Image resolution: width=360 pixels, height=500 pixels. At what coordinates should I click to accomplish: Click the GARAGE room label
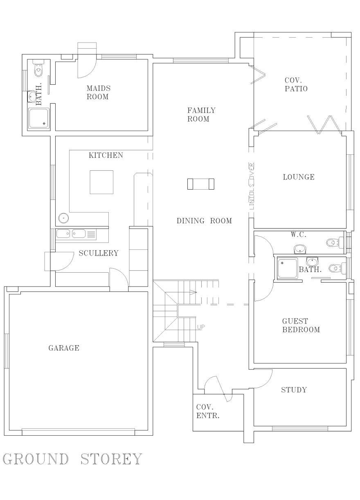64,348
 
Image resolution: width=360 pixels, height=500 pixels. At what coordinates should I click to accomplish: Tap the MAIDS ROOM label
98,93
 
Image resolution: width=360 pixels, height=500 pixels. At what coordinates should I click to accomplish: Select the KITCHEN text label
106,155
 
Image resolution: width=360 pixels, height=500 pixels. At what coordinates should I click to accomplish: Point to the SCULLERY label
98,253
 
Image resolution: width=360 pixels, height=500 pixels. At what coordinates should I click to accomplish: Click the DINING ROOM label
204,221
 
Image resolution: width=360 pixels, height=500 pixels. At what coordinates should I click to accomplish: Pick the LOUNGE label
299,177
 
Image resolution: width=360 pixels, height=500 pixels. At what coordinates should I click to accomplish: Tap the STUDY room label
294,390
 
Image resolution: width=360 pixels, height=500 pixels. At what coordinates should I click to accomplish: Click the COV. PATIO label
296,84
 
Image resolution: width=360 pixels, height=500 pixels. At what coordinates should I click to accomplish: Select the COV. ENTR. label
208,411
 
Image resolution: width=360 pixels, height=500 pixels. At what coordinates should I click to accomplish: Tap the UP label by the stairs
201,327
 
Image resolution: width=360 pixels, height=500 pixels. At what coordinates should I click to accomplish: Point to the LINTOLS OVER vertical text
252,186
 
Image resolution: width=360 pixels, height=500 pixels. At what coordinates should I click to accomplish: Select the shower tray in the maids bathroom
38,118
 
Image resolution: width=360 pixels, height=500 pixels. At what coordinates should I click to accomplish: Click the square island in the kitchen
101,182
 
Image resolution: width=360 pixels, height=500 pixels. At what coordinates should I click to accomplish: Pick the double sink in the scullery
76,234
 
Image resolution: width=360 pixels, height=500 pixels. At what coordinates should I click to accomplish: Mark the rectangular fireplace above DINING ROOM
201,184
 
